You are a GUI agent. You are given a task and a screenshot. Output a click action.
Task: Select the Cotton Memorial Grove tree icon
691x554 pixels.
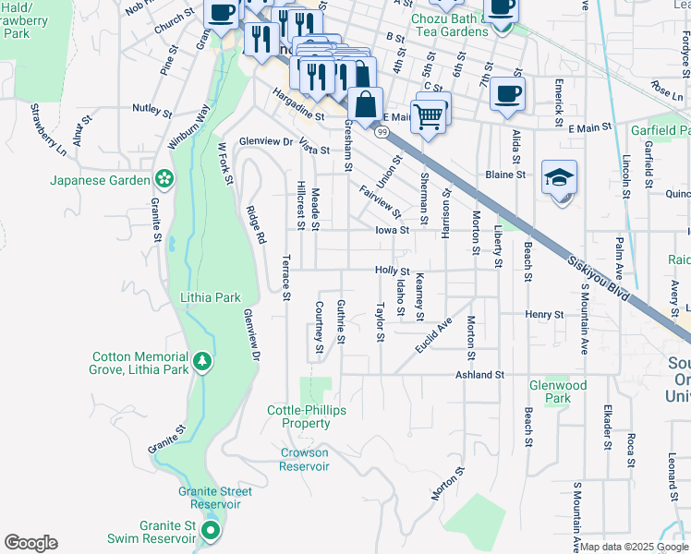click(x=201, y=359)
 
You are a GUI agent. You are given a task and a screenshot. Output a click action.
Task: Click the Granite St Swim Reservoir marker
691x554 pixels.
click(x=211, y=530)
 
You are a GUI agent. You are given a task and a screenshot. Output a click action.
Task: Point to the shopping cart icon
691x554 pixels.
click(x=428, y=116)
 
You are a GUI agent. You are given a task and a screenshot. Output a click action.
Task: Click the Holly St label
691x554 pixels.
click(x=392, y=270)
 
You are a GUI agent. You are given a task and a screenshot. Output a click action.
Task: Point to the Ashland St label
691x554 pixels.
click(x=479, y=376)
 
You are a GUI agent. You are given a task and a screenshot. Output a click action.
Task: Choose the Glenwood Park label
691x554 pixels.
click(x=557, y=391)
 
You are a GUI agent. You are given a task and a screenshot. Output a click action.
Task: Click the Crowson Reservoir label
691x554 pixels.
click(x=304, y=460)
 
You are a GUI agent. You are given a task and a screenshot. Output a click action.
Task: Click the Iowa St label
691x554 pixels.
click(x=392, y=230)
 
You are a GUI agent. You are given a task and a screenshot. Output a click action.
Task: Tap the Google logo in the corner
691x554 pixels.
click(x=30, y=543)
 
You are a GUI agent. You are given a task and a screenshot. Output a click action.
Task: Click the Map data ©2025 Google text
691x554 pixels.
click(x=634, y=547)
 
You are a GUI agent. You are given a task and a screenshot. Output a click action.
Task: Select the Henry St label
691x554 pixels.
click(x=544, y=315)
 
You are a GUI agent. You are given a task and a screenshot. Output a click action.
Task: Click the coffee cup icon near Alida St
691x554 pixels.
click(x=508, y=93)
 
